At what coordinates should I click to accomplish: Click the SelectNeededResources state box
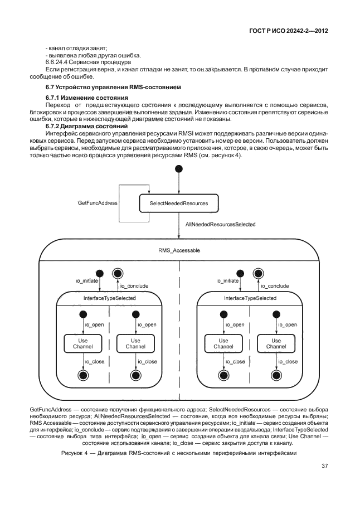point(179,203)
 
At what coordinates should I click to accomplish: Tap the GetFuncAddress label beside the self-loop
point(98,203)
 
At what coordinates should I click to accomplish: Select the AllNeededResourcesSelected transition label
point(220,224)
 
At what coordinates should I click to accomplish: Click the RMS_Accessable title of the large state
point(179,250)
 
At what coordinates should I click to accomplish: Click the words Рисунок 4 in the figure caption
point(74,453)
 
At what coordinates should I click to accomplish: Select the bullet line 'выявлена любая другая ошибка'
point(90,54)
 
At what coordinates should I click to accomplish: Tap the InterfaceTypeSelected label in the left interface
point(110,298)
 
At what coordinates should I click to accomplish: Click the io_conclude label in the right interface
point(275,285)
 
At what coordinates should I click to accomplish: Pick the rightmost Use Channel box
point(276,343)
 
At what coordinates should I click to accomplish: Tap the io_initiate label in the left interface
point(87,282)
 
